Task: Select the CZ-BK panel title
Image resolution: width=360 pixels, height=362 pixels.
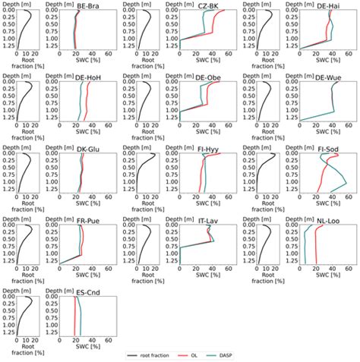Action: coord(208,6)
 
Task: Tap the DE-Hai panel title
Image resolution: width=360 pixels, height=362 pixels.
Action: coord(328,6)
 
